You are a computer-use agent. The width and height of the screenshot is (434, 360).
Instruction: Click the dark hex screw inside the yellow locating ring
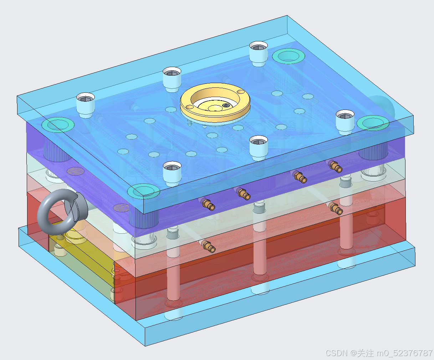pos(226,106)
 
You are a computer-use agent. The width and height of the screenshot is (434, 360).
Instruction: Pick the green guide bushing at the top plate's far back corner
pos(289,56)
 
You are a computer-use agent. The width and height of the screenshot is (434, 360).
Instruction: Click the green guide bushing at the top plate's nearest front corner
pos(144,191)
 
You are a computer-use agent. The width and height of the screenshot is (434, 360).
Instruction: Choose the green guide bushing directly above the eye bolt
pos(58,125)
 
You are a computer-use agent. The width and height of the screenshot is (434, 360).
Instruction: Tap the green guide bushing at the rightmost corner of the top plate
pos(373,123)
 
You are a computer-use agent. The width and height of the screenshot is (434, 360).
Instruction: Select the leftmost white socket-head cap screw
pos(86,105)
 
